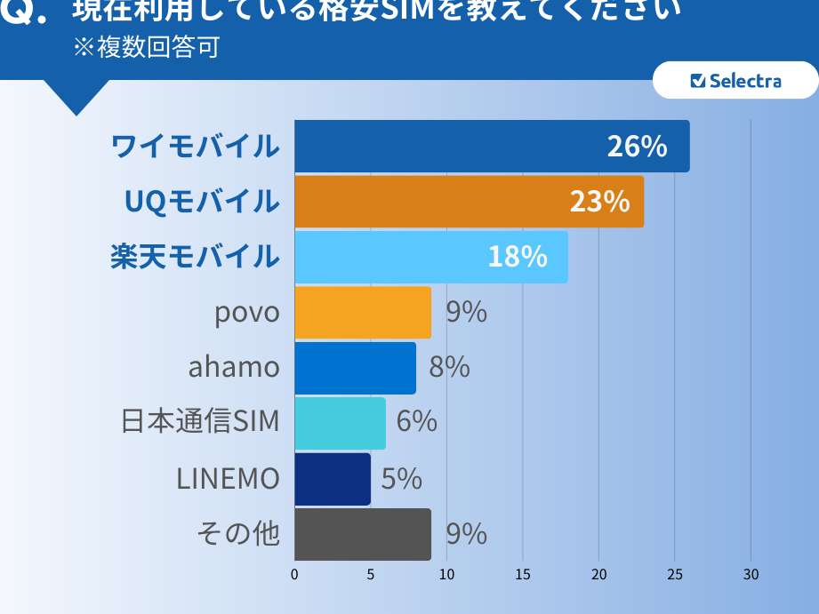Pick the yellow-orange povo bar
(363, 313)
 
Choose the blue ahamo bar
(355, 368)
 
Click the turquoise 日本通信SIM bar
(340, 423)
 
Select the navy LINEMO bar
(333, 479)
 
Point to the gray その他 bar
(363, 534)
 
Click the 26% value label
(637, 147)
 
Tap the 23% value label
(599, 202)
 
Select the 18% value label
(517, 257)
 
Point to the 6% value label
(416, 421)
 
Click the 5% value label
(401, 479)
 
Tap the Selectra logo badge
(735, 81)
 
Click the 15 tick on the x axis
(523, 574)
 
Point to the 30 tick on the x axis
(751, 574)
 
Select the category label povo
(247, 313)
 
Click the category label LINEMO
(228, 479)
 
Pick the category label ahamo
(234, 367)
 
